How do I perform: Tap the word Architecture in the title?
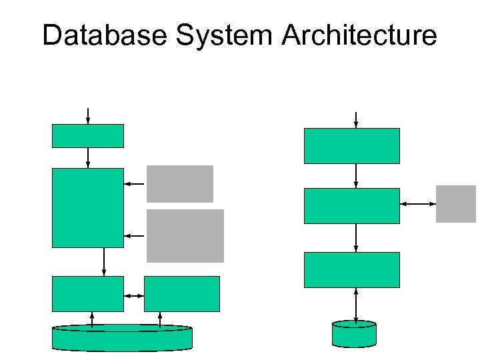360,35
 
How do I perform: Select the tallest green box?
88,207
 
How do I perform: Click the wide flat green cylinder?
122,338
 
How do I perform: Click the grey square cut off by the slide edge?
457,203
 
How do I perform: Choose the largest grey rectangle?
185,235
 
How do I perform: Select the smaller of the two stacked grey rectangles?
180,183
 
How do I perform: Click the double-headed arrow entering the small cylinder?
356,306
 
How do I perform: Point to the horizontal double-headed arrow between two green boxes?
134,295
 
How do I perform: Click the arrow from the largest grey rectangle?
135,235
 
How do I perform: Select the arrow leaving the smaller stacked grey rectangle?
135,183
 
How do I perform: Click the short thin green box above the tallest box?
88,135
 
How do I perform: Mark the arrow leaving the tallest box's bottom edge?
103,261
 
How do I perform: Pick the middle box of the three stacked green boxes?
352,205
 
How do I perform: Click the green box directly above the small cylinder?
352,269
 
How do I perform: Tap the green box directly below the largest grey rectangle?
181,294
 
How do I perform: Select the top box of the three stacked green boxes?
352,145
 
